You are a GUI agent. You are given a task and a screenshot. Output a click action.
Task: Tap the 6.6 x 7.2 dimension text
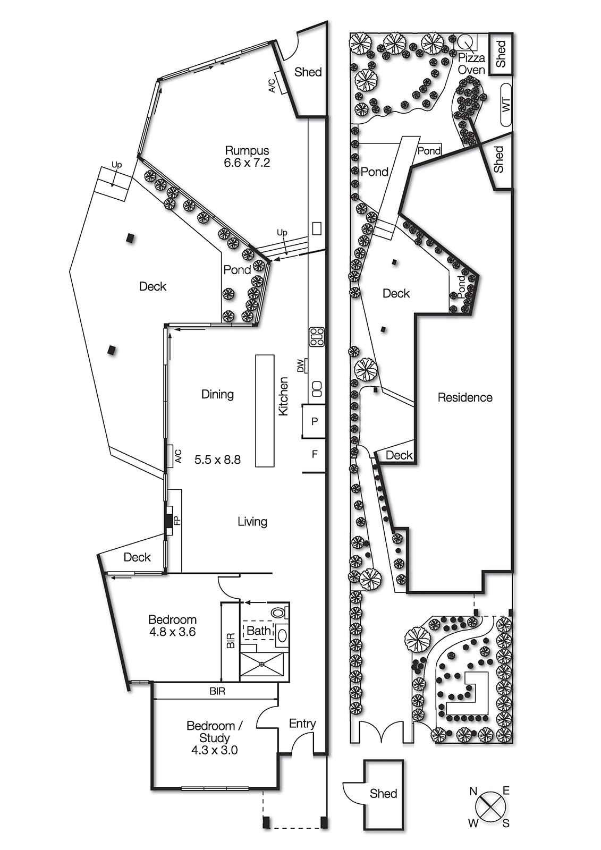(x=247, y=163)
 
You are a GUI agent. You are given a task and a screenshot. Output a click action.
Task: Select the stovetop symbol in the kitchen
(x=317, y=337)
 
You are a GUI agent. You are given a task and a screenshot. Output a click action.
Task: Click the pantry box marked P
(x=314, y=421)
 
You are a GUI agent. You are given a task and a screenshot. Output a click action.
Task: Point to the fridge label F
(x=315, y=454)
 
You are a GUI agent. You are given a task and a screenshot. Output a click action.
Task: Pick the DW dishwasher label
(x=301, y=366)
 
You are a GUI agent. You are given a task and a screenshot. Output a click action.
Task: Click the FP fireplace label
(x=176, y=520)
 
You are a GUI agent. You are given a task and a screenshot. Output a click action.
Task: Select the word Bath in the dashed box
(x=259, y=631)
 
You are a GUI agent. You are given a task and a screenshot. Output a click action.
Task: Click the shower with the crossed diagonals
(x=263, y=664)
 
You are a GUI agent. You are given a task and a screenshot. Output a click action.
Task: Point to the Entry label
(x=302, y=724)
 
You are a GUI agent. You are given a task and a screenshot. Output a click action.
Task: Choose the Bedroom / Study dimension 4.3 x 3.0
(x=215, y=750)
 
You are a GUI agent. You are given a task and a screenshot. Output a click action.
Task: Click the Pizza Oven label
(x=471, y=64)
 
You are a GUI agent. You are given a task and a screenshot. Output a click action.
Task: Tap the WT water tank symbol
(x=506, y=105)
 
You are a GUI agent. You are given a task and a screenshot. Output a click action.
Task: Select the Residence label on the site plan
(x=465, y=397)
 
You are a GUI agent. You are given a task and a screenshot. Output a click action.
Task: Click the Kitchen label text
(x=284, y=396)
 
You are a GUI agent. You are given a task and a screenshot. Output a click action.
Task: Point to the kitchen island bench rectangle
(x=265, y=411)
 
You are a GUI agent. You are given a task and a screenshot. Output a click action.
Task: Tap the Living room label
(x=252, y=522)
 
